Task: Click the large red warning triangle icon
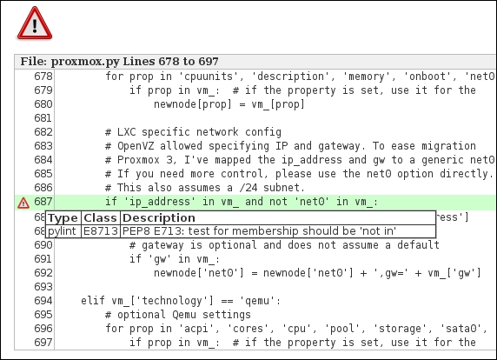click(x=35, y=23)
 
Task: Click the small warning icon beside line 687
click(x=23, y=203)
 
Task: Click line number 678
click(x=43, y=77)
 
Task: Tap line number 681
click(x=43, y=118)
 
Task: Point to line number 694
click(x=43, y=301)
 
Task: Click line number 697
click(x=43, y=343)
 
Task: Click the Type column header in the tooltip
click(x=63, y=218)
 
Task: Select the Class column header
click(x=100, y=218)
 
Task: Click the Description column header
click(x=159, y=218)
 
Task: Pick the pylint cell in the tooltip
click(x=62, y=231)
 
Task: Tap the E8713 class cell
click(x=101, y=231)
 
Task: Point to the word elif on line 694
click(x=93, y=300)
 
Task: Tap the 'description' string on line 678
click(x=288, y=77)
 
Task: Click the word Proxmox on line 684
click(x=138, y=160)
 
